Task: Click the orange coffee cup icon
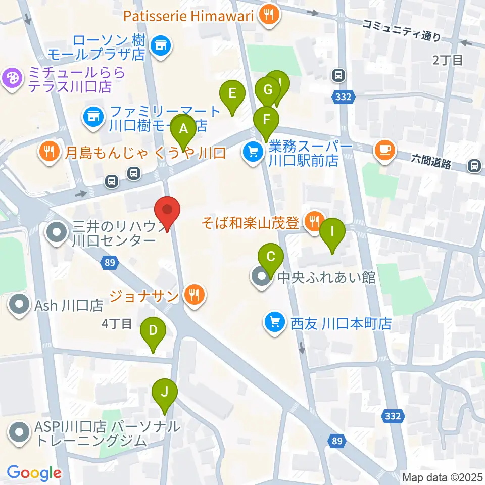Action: tap(385, 150)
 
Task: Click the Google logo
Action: tap(34, 473)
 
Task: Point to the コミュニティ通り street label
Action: tap(402, 30)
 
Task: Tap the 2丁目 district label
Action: tap(447, 60)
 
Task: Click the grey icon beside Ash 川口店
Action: tap(20, 305)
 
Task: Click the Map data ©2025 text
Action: tap(442, 477)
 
